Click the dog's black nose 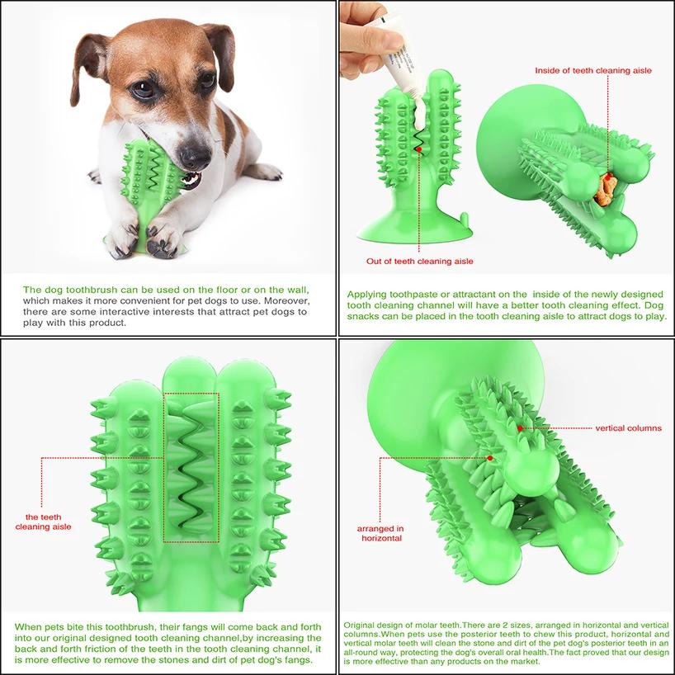(x=196, y=153)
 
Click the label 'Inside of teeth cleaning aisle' (x=593, y=71)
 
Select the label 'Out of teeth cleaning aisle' (x=420, y=261)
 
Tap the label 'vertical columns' (x=628, y=428)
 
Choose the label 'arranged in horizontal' (x=380, y=532)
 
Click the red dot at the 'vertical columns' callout (x=519, y=428)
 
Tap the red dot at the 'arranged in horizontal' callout (x=490, y=457)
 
